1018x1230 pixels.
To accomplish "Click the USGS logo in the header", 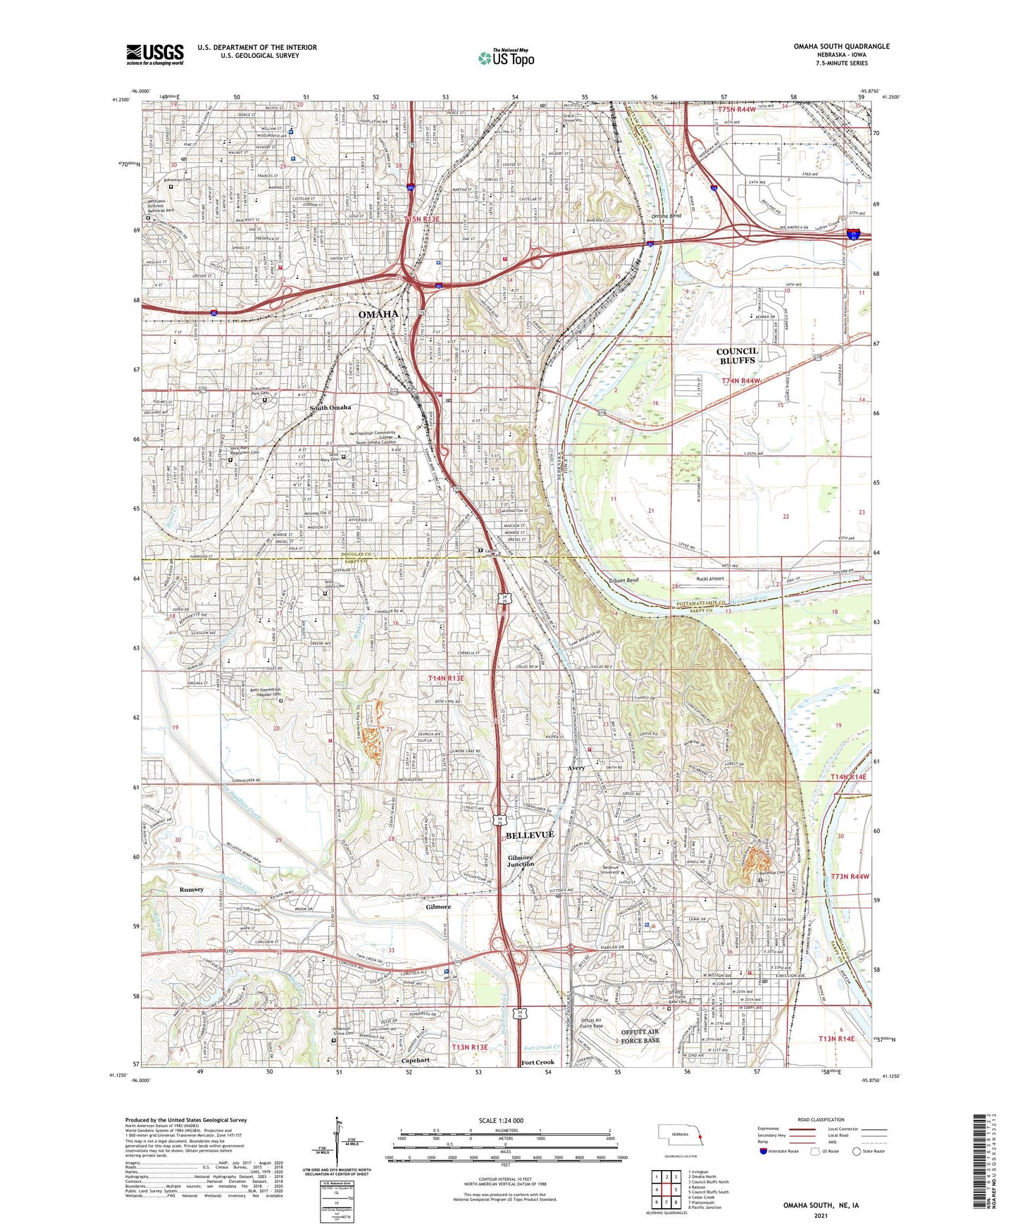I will pos(155,54).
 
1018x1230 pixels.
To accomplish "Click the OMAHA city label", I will pos(378,314).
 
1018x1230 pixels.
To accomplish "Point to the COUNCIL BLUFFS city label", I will pos(737,356).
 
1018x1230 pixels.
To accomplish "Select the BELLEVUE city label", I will pos(530,834).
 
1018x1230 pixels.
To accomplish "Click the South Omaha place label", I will pos(330,408).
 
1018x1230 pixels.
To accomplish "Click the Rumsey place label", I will pos(191,889).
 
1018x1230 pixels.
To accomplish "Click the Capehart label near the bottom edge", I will pos(415,1060).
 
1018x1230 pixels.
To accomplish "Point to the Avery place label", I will pos(576,768).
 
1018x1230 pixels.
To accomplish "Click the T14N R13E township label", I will pos(446,678).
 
